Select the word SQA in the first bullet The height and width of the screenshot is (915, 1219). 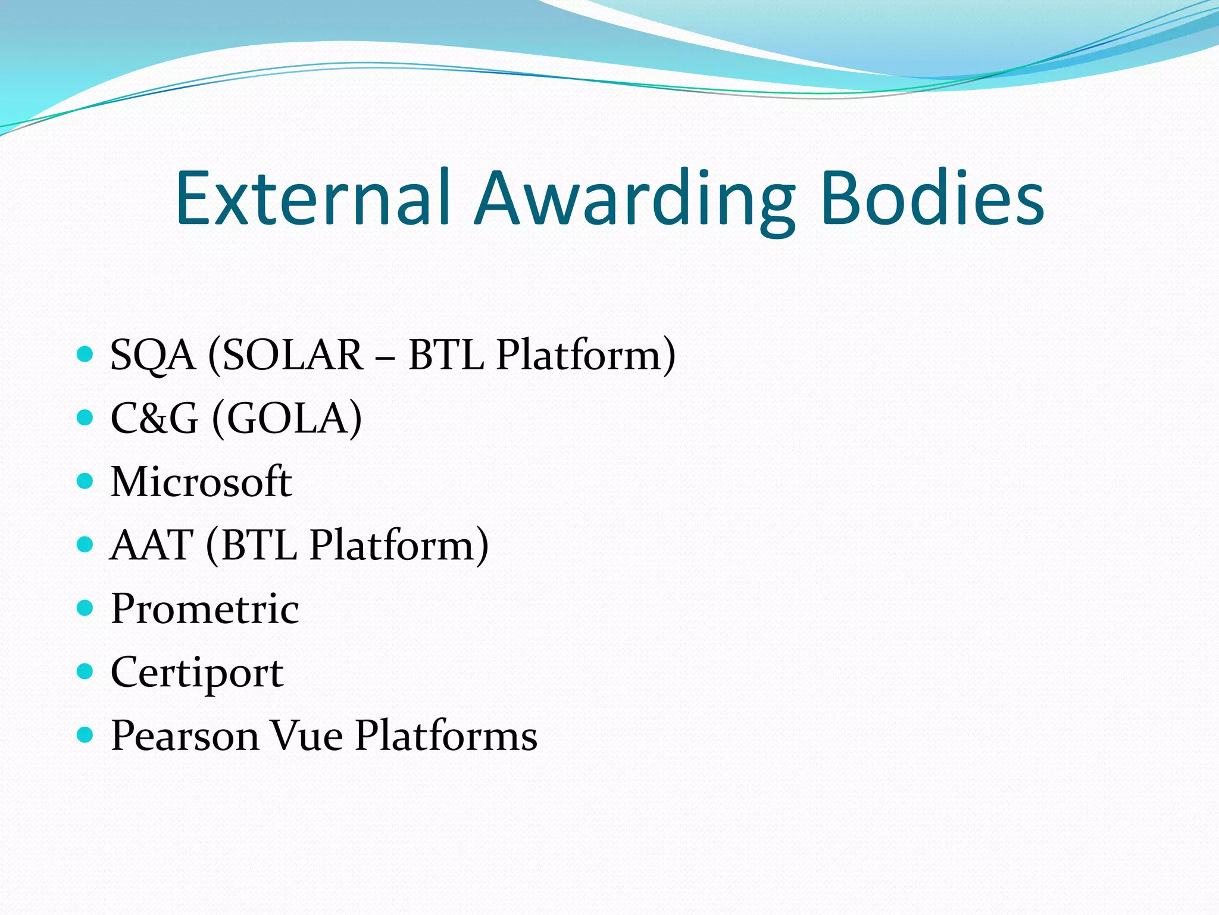coord(153,356)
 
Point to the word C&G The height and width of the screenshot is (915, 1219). coord(154,419)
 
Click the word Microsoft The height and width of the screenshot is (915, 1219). coord(201,482)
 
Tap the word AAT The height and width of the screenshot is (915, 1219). coord(152,546)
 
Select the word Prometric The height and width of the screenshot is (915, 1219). coord(205,609)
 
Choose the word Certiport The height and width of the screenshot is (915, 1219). coord(197,673)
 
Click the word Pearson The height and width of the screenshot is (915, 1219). coord(185,736)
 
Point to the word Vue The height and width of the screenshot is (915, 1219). coord(307,736)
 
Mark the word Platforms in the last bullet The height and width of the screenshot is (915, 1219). coord(446,736)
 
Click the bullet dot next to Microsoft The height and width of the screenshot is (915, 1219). coord(86,481)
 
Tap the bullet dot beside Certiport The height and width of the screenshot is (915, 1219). coord(86,672)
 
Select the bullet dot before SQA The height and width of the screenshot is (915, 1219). coord(86,354)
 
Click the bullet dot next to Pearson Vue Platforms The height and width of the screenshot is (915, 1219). coord(86,735)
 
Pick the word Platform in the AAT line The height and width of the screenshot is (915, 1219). coord(398,546)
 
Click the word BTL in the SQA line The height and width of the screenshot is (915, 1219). coord(446,356)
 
